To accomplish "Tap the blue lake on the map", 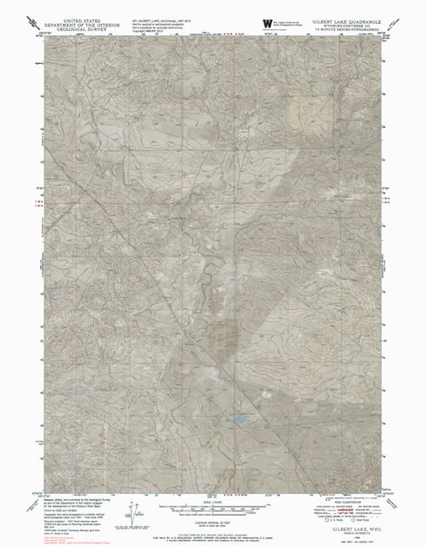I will [238, 440].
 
